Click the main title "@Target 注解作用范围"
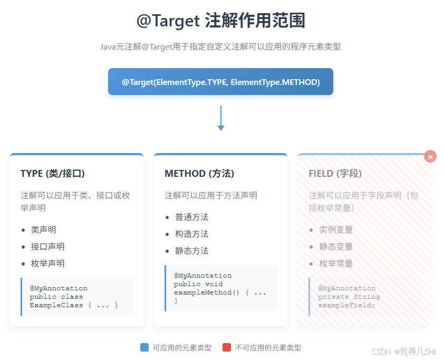click(221, 21)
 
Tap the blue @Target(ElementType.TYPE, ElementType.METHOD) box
click(220, 82)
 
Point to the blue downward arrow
click(221, 118)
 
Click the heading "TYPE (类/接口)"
click(53, 174)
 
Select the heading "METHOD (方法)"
click(199, 174)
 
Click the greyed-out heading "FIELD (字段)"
click(335, 174)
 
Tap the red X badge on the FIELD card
click(430, 157)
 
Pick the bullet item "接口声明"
click(47, 247)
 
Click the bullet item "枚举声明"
click(47, 263)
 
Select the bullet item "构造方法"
click(192, 234)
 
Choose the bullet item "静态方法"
click(192, 251)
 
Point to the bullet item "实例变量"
click(336, 230)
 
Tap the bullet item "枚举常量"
click(336, 263)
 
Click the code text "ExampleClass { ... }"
click(74, 305)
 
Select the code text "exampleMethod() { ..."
click(220, 292)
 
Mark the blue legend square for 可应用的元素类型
click(144, 347)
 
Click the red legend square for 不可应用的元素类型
click(227, 347)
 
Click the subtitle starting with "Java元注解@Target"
click(221, 46)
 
